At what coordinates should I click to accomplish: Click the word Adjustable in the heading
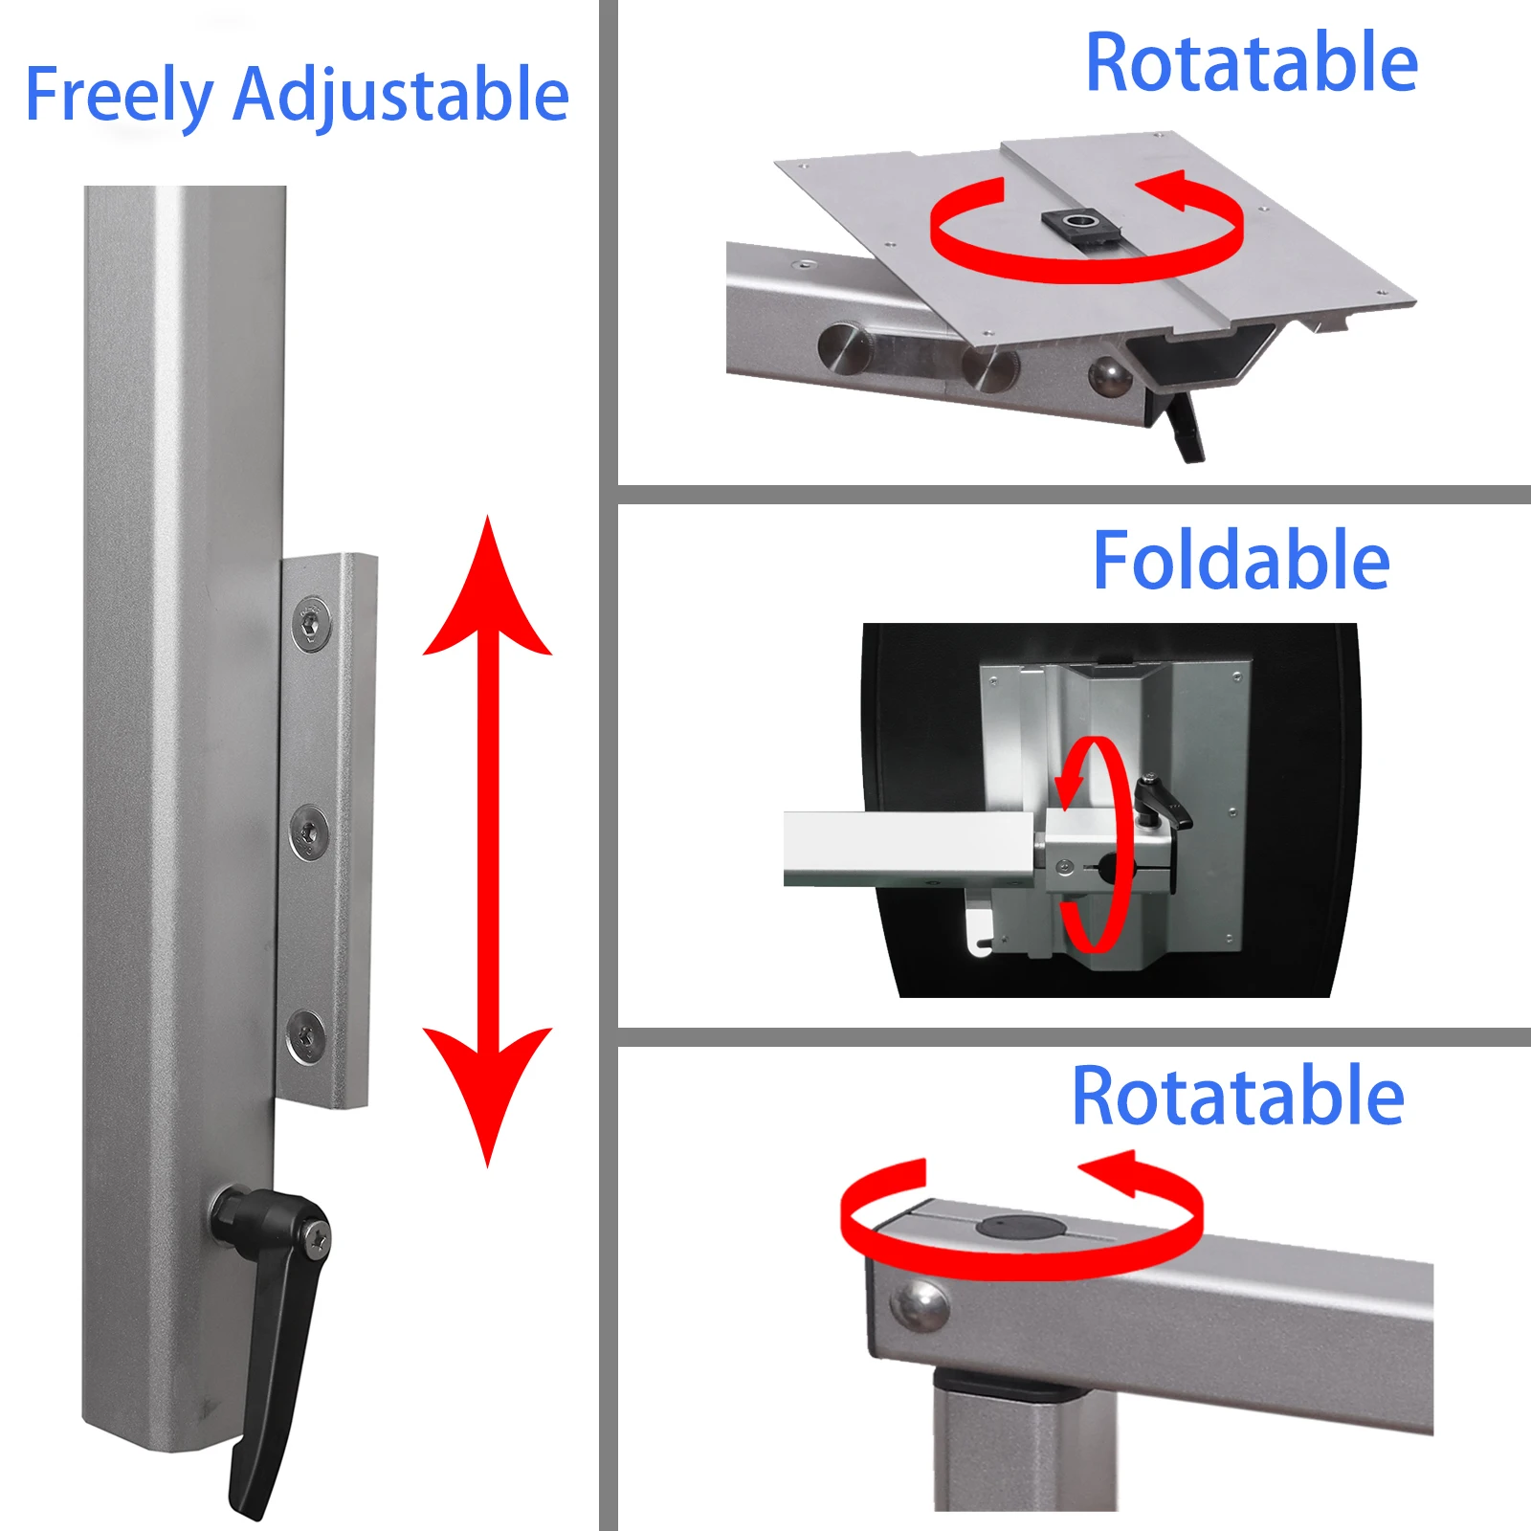(x=401, y=96)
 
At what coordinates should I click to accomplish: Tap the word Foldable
(x=1241, y=561)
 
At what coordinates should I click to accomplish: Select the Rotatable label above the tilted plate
(x=1252, y=63)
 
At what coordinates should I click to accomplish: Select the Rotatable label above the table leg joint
(x=1238, y=1097)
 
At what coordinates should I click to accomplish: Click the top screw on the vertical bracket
(x=311, y=625)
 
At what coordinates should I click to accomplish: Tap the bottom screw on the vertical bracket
(x=306, y=1036)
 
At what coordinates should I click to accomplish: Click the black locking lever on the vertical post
(x=274, y=1340)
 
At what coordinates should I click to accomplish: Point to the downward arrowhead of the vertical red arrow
(x=488, y=1091)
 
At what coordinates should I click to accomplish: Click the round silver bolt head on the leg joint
(x=919, y=1306)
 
